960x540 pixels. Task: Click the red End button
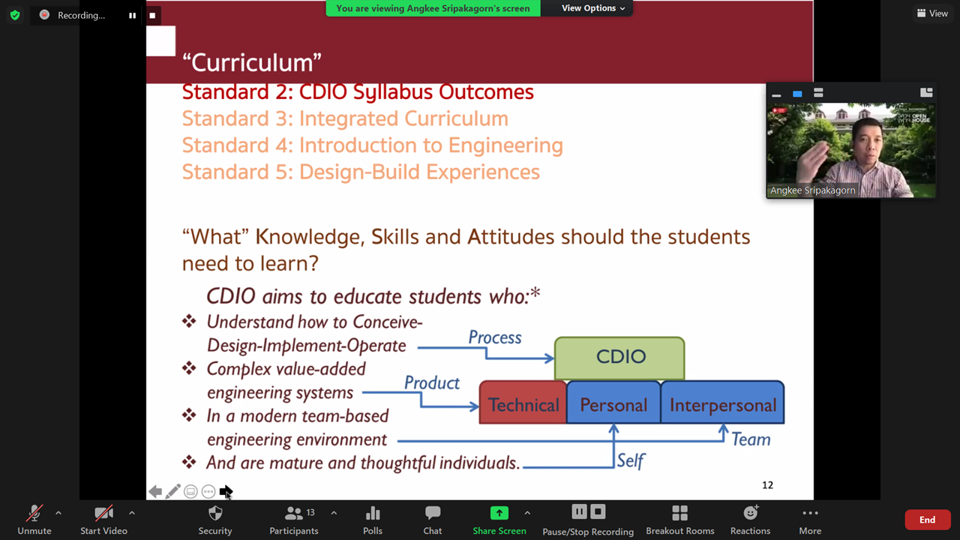click(927, 520)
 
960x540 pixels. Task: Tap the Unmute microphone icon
click(34, 512)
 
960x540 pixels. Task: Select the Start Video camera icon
click(103, 512)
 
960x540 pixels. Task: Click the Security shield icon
click(215, 512)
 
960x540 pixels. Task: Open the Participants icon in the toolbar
click(293, 512)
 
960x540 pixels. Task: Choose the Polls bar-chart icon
click(373, 512)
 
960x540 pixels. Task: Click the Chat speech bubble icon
click(433, 512)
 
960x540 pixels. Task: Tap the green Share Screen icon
click(499, 512)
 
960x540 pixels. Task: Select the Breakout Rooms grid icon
click(680, 512)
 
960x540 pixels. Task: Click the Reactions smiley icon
click(751, 512)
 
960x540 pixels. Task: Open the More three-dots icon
click(810, 513)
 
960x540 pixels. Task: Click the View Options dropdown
click(593, 8)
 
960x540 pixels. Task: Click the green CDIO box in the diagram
click(619, 358)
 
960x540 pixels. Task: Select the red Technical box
click(523, 403)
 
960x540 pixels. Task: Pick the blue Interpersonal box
click(722, 403)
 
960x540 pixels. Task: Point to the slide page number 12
click(767, 485)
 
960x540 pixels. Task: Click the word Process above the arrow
click(495, 337)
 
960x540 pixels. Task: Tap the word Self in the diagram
click(631, 460)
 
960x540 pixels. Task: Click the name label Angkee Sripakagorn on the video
click(812, 190)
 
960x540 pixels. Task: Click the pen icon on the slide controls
click(172, 491)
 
